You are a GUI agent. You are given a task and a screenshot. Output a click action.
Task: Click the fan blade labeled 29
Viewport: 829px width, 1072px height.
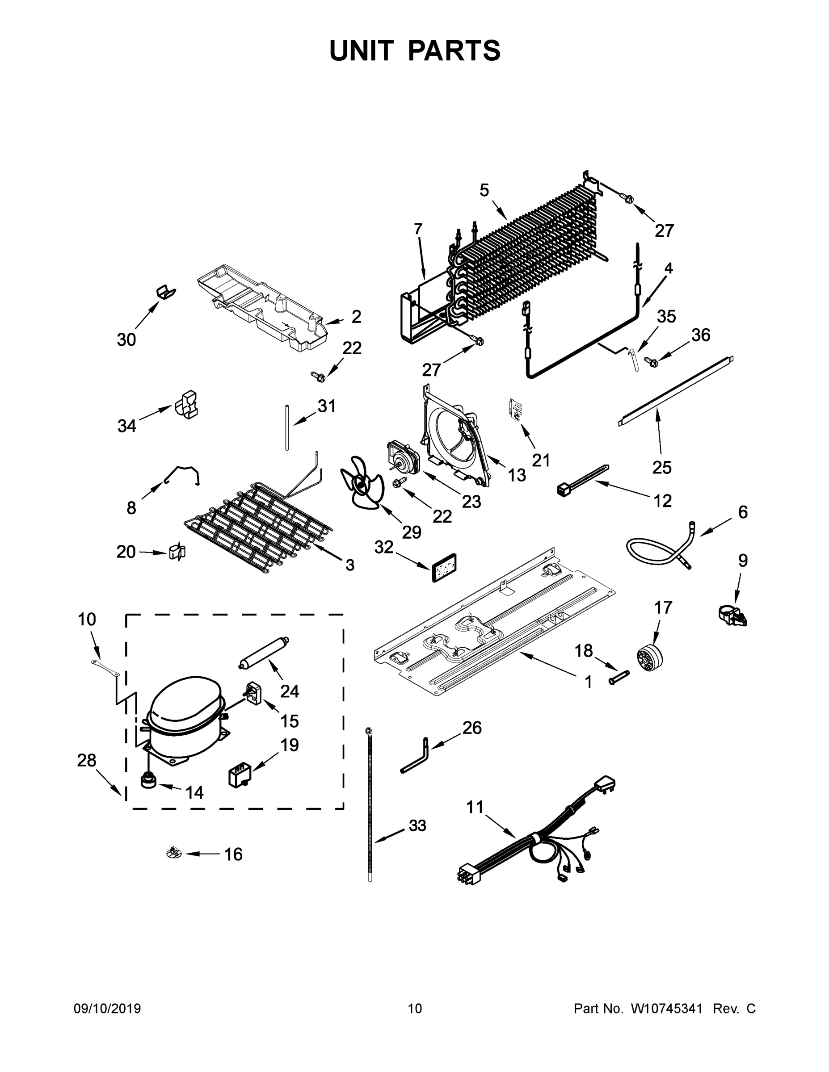[x=362, y=483]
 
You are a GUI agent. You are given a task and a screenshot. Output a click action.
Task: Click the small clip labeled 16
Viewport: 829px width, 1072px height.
[x=174, y=854]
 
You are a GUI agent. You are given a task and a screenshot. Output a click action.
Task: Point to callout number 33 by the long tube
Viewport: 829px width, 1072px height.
[x=417, y=825]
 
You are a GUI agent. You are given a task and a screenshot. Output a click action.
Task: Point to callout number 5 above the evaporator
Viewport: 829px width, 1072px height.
[x=484, y=190]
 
